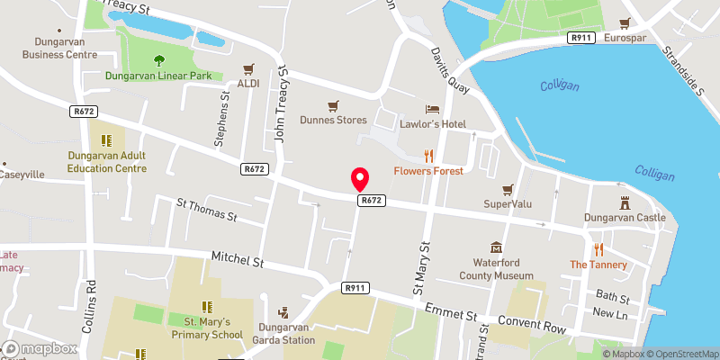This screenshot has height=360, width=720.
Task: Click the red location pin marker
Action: [360, 178]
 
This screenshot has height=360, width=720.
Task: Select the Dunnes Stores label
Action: [333, 120]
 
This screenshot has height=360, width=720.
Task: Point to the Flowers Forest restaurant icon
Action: [428, 155]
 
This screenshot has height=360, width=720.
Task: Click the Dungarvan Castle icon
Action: [625, 202]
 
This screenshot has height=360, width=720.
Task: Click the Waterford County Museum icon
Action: [495, 247]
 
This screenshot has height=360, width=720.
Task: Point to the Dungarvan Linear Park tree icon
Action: [158, 60]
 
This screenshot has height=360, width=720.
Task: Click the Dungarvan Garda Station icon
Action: [284, 312]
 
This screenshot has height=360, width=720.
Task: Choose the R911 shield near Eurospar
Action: [580, 37]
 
